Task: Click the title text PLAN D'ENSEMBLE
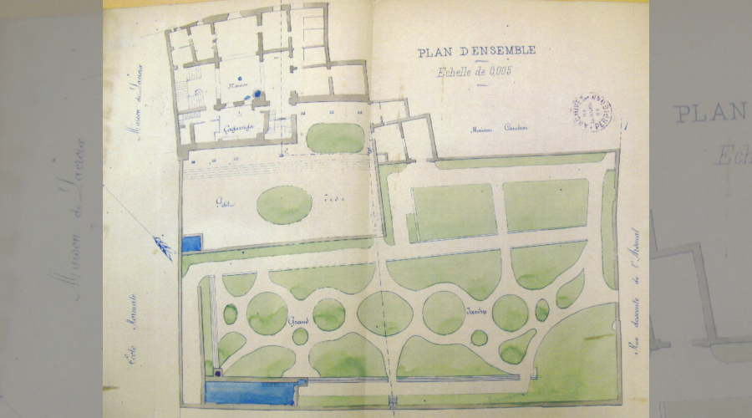point(476,52)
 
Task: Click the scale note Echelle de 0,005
point(474,72)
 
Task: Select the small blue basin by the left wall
point(191,244)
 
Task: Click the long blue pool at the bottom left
point(251,392)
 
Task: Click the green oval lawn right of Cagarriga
point(335,138)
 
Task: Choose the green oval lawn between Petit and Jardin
point(284,205)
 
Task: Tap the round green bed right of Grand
point(329,315)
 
